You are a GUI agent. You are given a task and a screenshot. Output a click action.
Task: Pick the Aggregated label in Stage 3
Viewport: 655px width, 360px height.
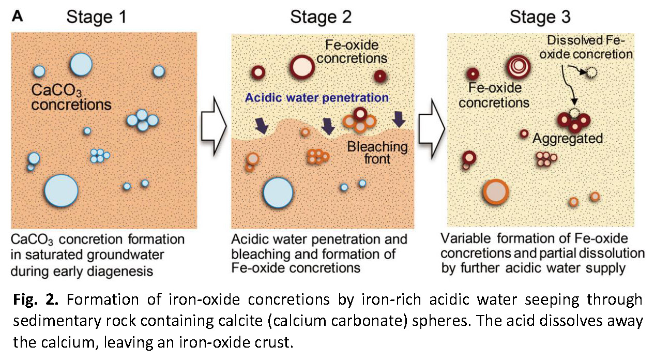click(568, 139)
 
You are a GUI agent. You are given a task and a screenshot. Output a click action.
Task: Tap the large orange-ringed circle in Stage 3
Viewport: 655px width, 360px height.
click(496, 192)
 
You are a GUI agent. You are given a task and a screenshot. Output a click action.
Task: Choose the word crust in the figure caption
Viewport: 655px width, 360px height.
click(276, 342)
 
